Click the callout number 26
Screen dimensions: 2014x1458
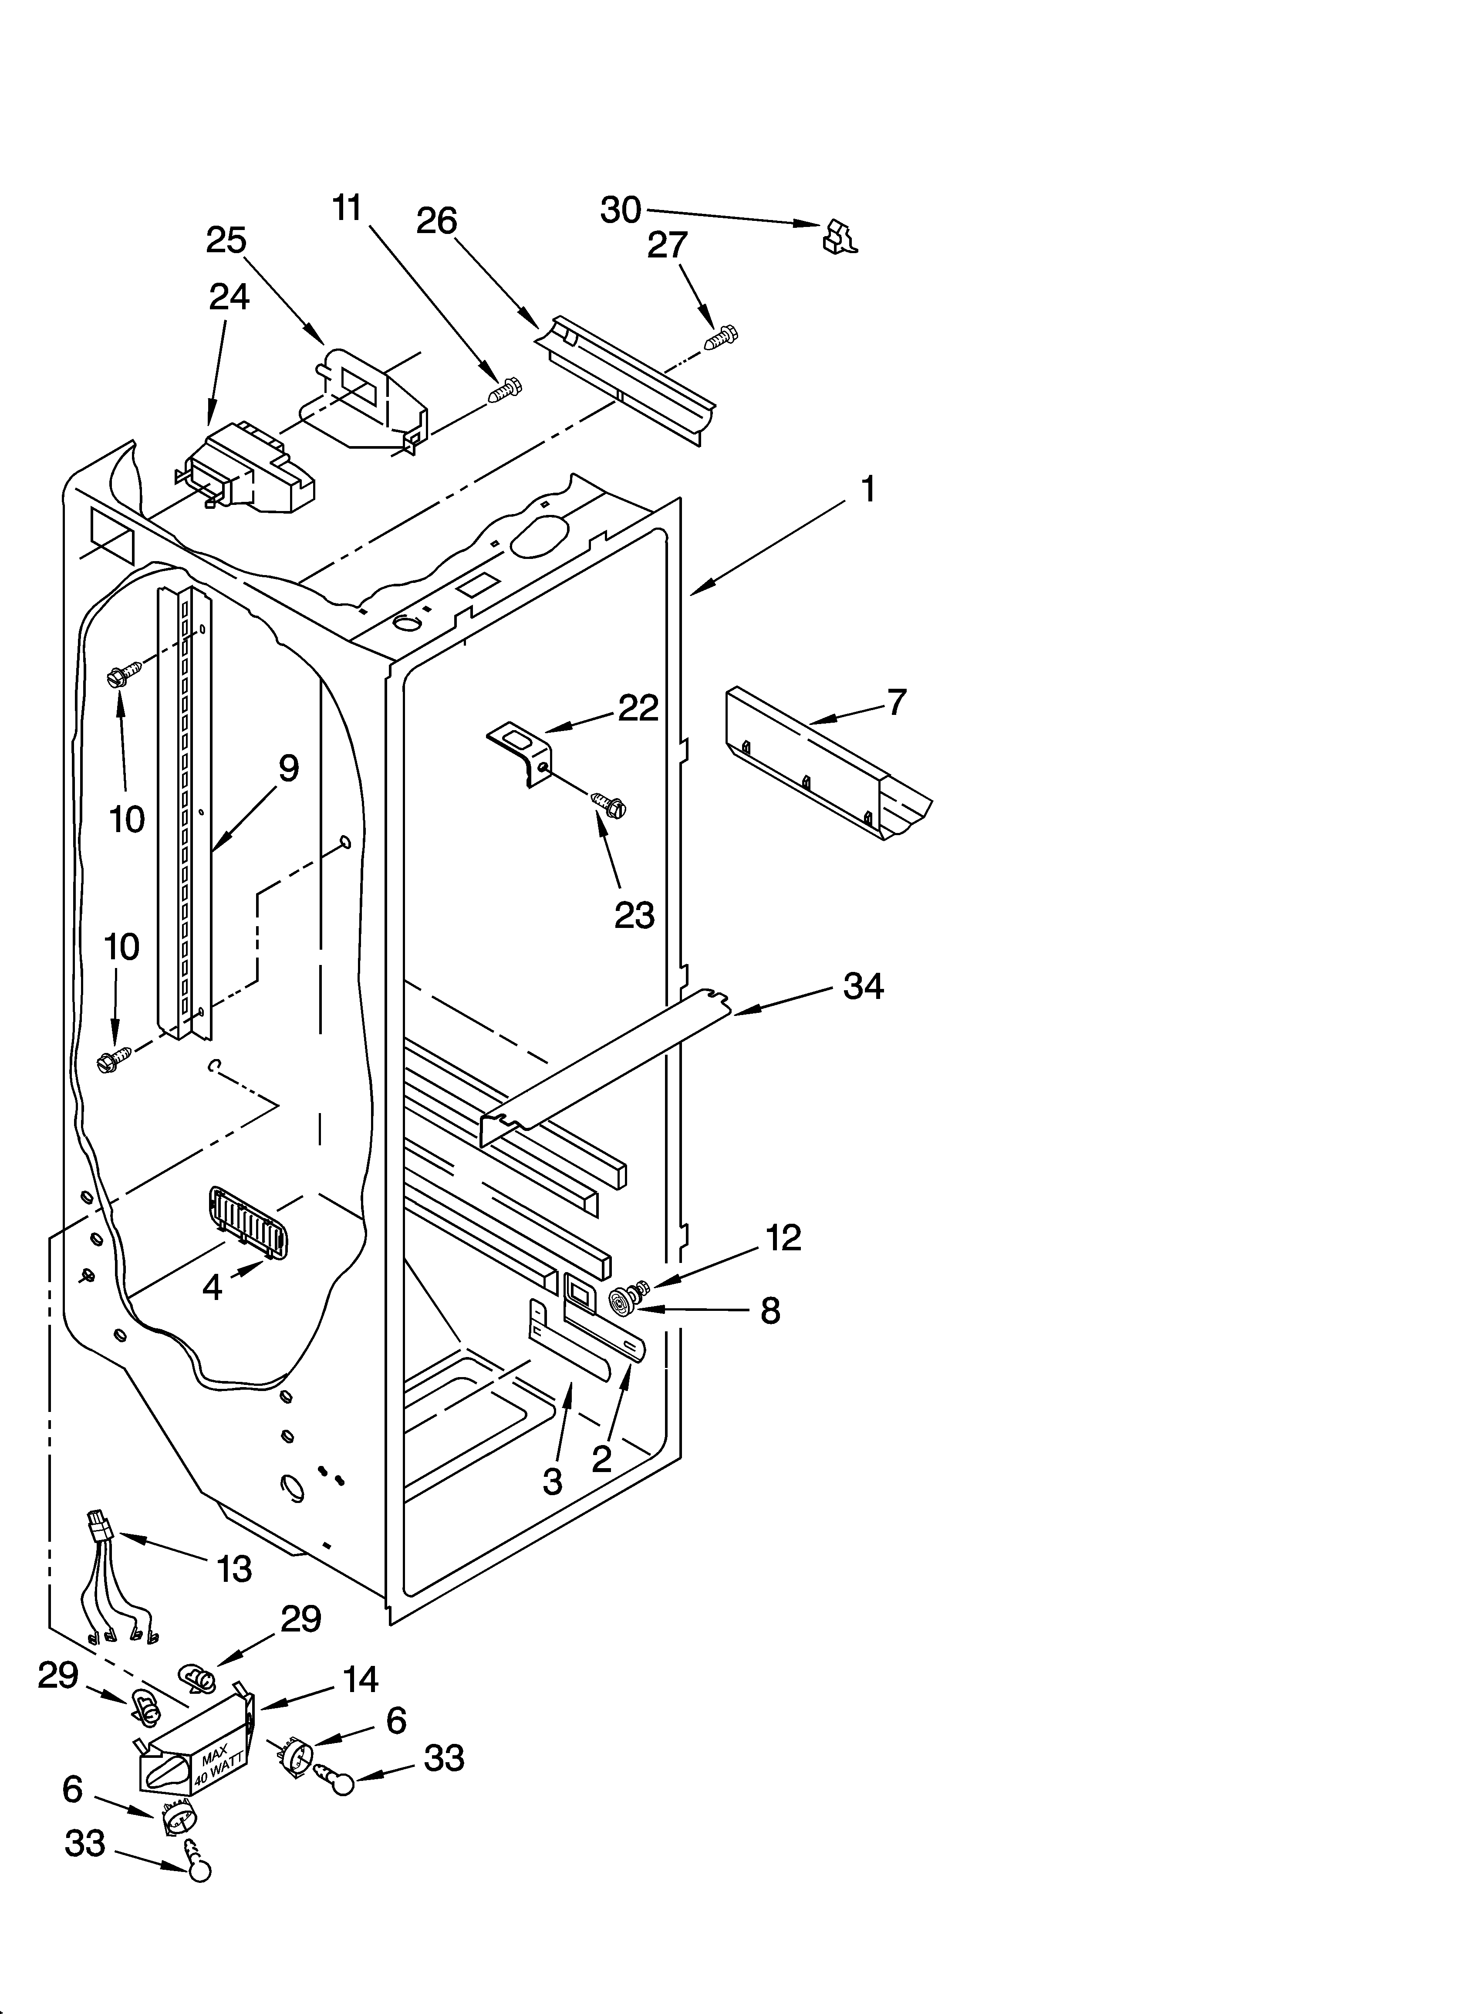[437, 221]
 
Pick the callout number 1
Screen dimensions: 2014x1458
[867, 489]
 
